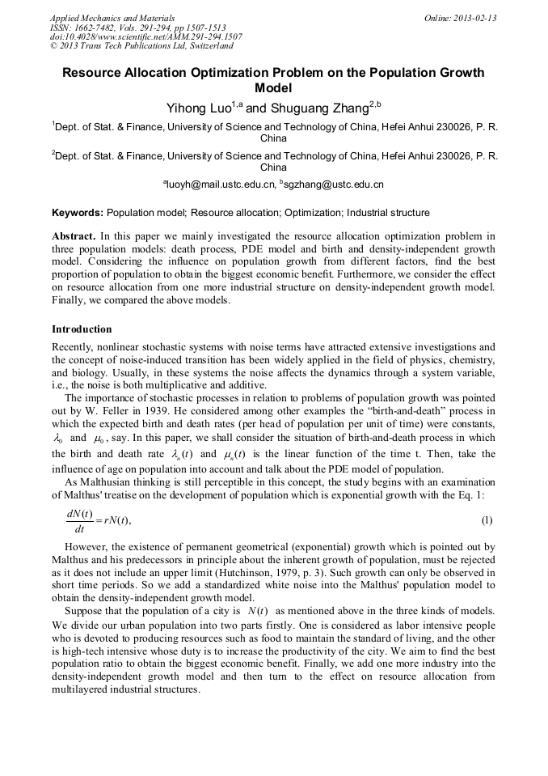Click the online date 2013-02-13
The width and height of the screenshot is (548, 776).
click(478, 18)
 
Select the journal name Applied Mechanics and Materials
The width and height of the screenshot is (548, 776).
click(112, 18)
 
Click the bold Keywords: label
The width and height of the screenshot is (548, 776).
click(78, 213)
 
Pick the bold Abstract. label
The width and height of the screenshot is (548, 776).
click(74, 236)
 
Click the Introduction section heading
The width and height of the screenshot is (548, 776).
click(82, 329)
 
